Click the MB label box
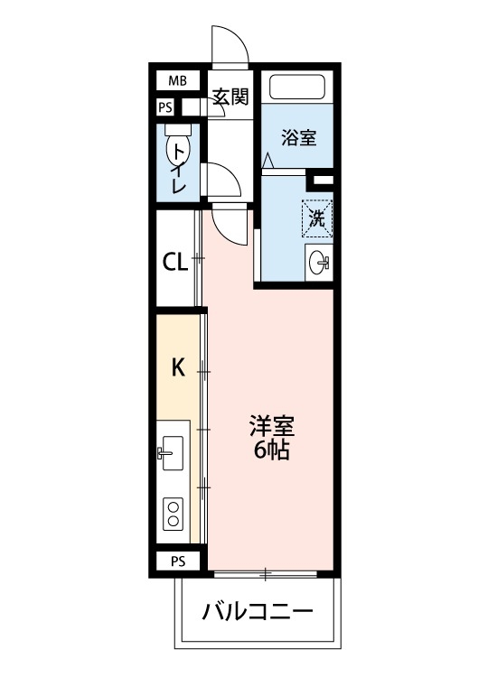click(177, 81)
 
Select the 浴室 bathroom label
click(297, 138)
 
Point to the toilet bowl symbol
click(173, 146)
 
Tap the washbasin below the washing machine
click(319, 263)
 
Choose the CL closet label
click(174, 262)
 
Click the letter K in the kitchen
click(178, 366)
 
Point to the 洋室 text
click(271, 425)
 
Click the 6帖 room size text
click(271, 450)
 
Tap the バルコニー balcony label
click(258, 612)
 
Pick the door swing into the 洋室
click(230, 224)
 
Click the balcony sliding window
click(265, 572)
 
